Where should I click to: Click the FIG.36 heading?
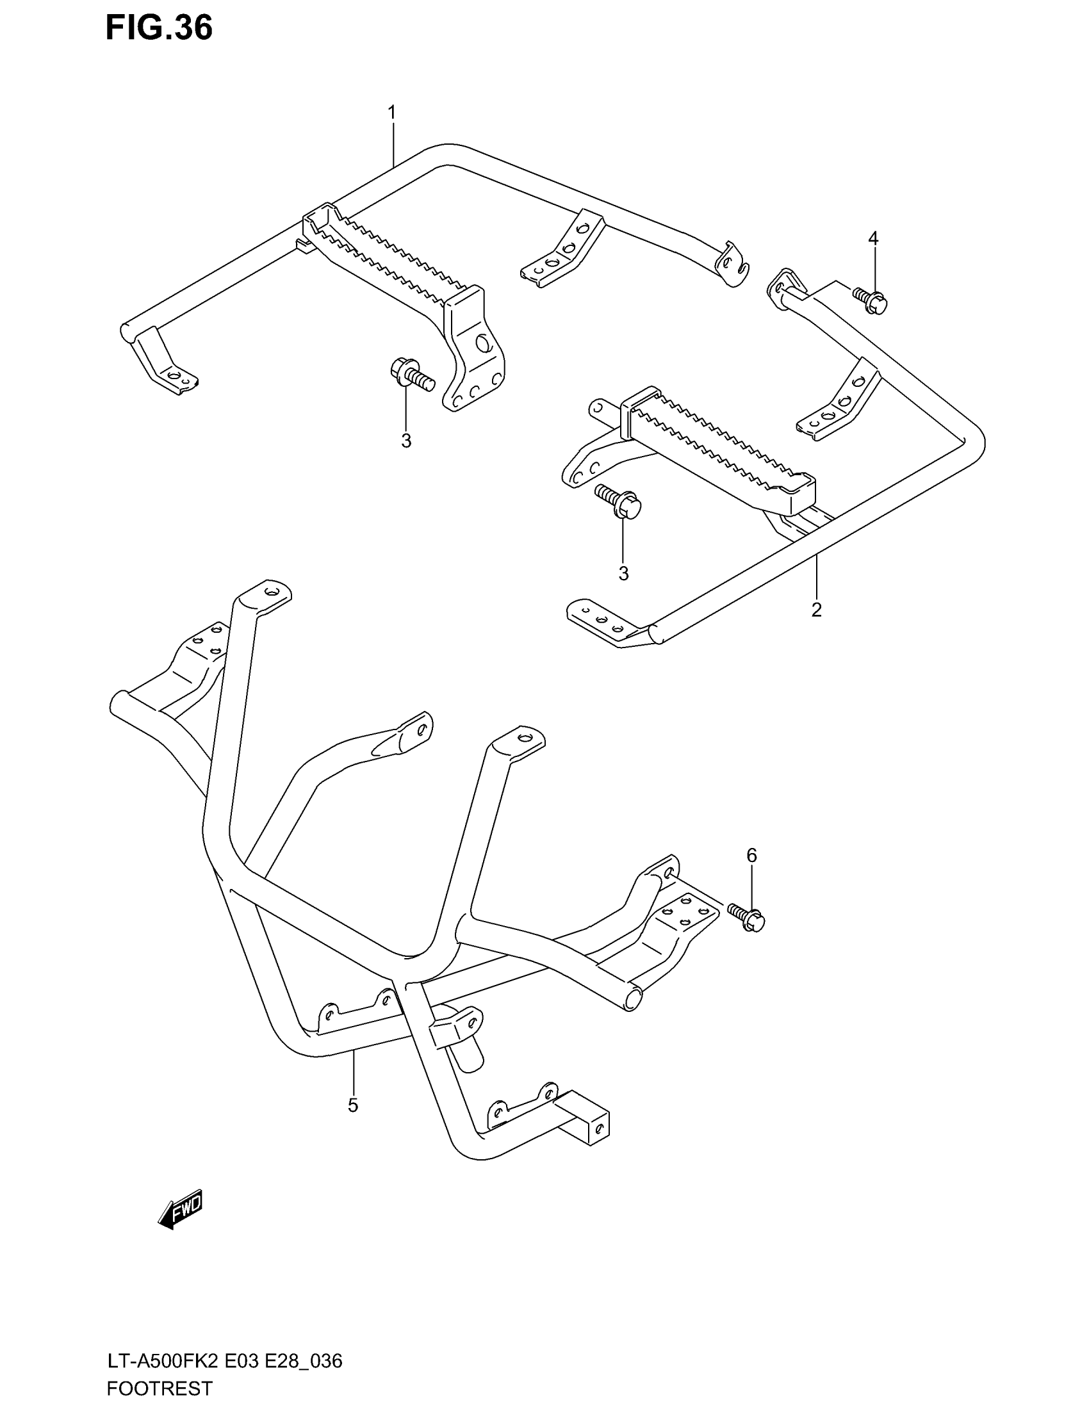(159, 28)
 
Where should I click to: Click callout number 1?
(391, 112)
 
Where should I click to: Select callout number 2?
(816, 609)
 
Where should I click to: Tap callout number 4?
(873, 239)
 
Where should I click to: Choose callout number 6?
(751, 856)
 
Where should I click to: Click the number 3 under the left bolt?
(405, 441)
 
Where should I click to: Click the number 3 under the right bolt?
(623, 574)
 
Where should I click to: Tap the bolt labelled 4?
(871, 300)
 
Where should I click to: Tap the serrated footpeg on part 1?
(387, 261)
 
